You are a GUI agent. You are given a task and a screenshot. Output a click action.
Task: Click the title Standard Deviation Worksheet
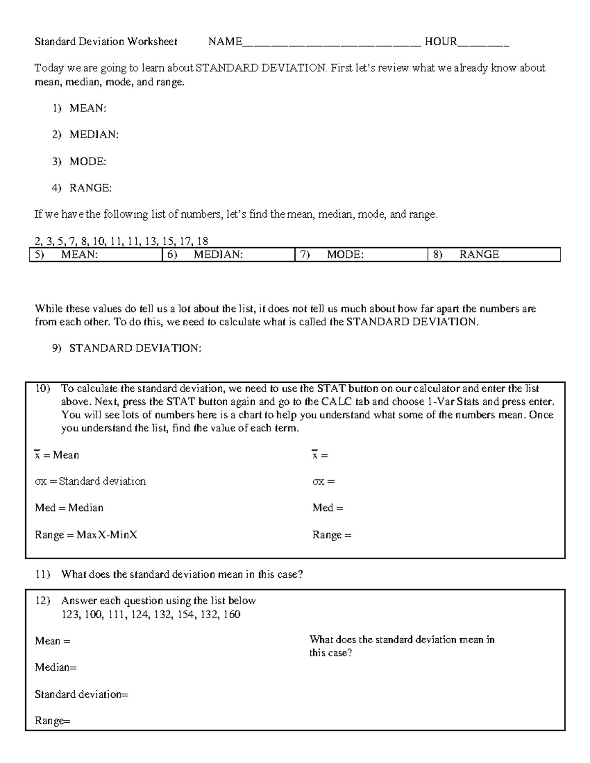(106, 42)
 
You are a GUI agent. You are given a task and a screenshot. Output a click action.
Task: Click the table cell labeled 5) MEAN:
(96, 254)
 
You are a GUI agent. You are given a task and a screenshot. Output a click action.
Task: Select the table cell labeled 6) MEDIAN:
(229, 254)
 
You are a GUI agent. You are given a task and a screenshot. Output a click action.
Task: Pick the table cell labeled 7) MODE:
(361, 254)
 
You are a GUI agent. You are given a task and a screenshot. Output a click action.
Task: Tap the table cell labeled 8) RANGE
(494, 254)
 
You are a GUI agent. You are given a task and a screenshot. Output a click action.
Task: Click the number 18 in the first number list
(202, 241)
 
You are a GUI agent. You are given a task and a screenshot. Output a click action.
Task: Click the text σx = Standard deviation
(90, 481)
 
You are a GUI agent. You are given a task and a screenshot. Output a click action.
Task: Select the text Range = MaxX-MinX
(86, 535)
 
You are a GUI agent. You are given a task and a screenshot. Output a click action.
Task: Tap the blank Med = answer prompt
(328, 508)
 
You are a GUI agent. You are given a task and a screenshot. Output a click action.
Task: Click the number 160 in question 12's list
(232, 615)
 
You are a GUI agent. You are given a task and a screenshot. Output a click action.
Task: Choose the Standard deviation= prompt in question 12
(81, 694)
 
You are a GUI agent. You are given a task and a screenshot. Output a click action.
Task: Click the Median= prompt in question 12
(56, 668)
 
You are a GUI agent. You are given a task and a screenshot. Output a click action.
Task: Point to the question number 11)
(43, 574)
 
